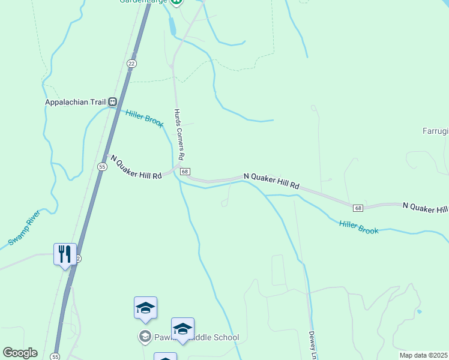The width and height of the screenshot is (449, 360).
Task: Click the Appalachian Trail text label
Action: tap(75, 102)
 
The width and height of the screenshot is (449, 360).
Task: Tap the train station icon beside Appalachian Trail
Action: tap(112, 102)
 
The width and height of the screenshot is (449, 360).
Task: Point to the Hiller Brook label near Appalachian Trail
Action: tap(145, 118)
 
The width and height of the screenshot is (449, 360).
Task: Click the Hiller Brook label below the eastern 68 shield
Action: tap(358, 226)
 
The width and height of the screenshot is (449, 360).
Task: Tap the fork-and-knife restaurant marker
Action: tap(65, 254)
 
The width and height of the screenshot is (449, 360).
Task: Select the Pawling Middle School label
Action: tap(196, 337)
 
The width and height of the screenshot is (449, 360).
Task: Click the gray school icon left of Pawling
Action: tap(144, 337)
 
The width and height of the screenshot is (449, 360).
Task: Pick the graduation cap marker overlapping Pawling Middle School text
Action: tap(182, 329)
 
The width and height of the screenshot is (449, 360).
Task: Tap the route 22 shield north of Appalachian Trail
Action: tap(132, 63)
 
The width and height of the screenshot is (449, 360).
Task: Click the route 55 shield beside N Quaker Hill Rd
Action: tap(101, 167)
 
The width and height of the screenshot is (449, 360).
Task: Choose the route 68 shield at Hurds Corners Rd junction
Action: tap(185, 172)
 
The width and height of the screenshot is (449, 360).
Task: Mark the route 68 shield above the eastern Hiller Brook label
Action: tap(358, 208)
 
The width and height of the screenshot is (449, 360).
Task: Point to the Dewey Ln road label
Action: tap(312, 346)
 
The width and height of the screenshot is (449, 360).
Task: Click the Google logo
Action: tap(20, 353)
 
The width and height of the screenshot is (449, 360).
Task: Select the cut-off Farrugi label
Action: tap(435, 130)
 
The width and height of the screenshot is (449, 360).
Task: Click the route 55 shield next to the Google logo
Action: tap(55, 356)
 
